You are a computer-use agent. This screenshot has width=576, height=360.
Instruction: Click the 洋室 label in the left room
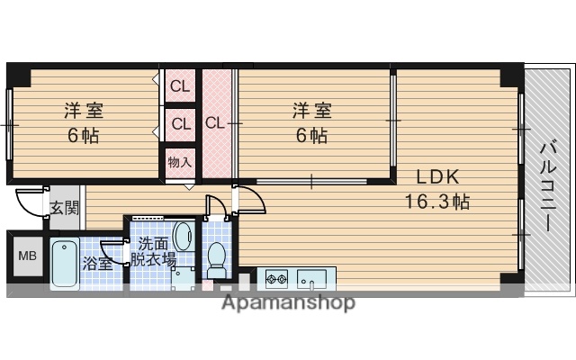tap(83, 112)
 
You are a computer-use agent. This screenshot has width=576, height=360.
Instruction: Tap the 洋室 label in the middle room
tap(311, 112)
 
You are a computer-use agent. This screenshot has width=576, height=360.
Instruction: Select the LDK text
tap(436, 176)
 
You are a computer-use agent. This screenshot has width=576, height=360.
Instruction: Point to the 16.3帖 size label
tap(436, 201)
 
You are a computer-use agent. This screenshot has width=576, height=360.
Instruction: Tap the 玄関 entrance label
tap(63, 208)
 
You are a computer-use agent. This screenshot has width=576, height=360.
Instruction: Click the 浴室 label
tap(97, 263)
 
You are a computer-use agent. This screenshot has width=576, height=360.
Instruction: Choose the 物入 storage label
tap(179, 162)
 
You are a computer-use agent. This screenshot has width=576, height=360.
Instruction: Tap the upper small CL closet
tap(179, 87)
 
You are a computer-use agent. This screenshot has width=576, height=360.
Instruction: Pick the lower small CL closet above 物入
tap(179, 123)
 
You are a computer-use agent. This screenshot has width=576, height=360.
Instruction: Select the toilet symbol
tap(216, 259)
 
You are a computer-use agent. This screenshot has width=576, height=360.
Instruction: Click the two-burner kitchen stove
tap(274, 277)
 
